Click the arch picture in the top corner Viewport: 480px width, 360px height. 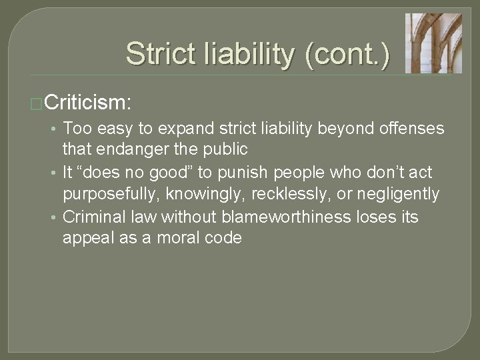(433, 43)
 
